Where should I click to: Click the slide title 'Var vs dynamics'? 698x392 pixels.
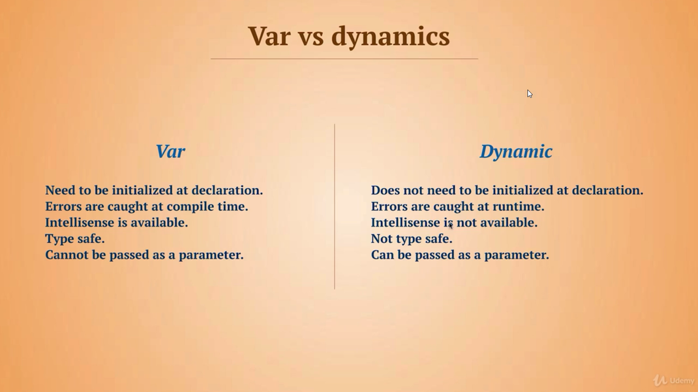(348, 37)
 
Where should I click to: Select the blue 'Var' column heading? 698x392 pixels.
(170, 152)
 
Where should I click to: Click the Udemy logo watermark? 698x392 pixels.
(673, 380)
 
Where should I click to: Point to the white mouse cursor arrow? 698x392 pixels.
(530, 93)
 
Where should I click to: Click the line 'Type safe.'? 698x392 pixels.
(75, 239)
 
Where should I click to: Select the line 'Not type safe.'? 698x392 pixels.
(412, 239)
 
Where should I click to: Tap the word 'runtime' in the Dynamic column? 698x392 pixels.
(518, 207)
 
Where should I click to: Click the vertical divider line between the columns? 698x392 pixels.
(335, 206)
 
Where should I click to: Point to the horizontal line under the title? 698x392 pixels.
(344, 58)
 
